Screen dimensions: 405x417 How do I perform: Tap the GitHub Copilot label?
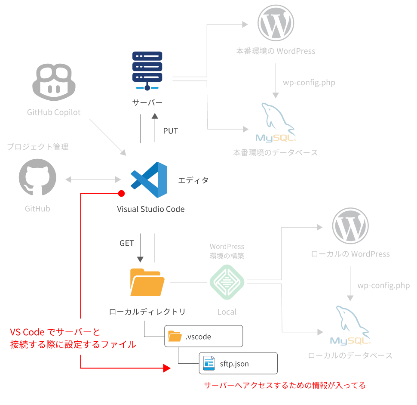tap(54, 113)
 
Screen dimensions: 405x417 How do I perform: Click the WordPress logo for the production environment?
tap(276, 23)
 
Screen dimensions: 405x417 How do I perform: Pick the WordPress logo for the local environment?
tap(350, 226)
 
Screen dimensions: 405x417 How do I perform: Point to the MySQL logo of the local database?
tap(350, 326)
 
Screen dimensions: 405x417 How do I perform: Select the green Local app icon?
tap(227, 282)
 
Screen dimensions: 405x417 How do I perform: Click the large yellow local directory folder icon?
tap(147, 282)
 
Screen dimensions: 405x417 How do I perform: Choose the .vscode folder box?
tap(204, 337)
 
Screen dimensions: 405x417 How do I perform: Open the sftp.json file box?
tap(238, 364)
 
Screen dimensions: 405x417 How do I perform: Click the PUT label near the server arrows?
tap(170, 131)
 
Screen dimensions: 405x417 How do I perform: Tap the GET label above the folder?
tap(127, 243)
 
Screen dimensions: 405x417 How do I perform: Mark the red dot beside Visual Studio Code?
tap(121, 194)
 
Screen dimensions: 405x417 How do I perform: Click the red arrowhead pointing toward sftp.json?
tap(166, 368)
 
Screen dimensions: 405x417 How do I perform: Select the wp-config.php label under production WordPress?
tap(309, 83)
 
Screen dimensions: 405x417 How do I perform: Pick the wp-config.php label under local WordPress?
tap(383, 286)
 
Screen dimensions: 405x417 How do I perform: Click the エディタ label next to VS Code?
tap(193, 180)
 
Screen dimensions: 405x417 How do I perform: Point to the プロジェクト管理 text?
tap(38, 147)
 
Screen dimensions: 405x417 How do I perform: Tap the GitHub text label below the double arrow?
tap(37, 209)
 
